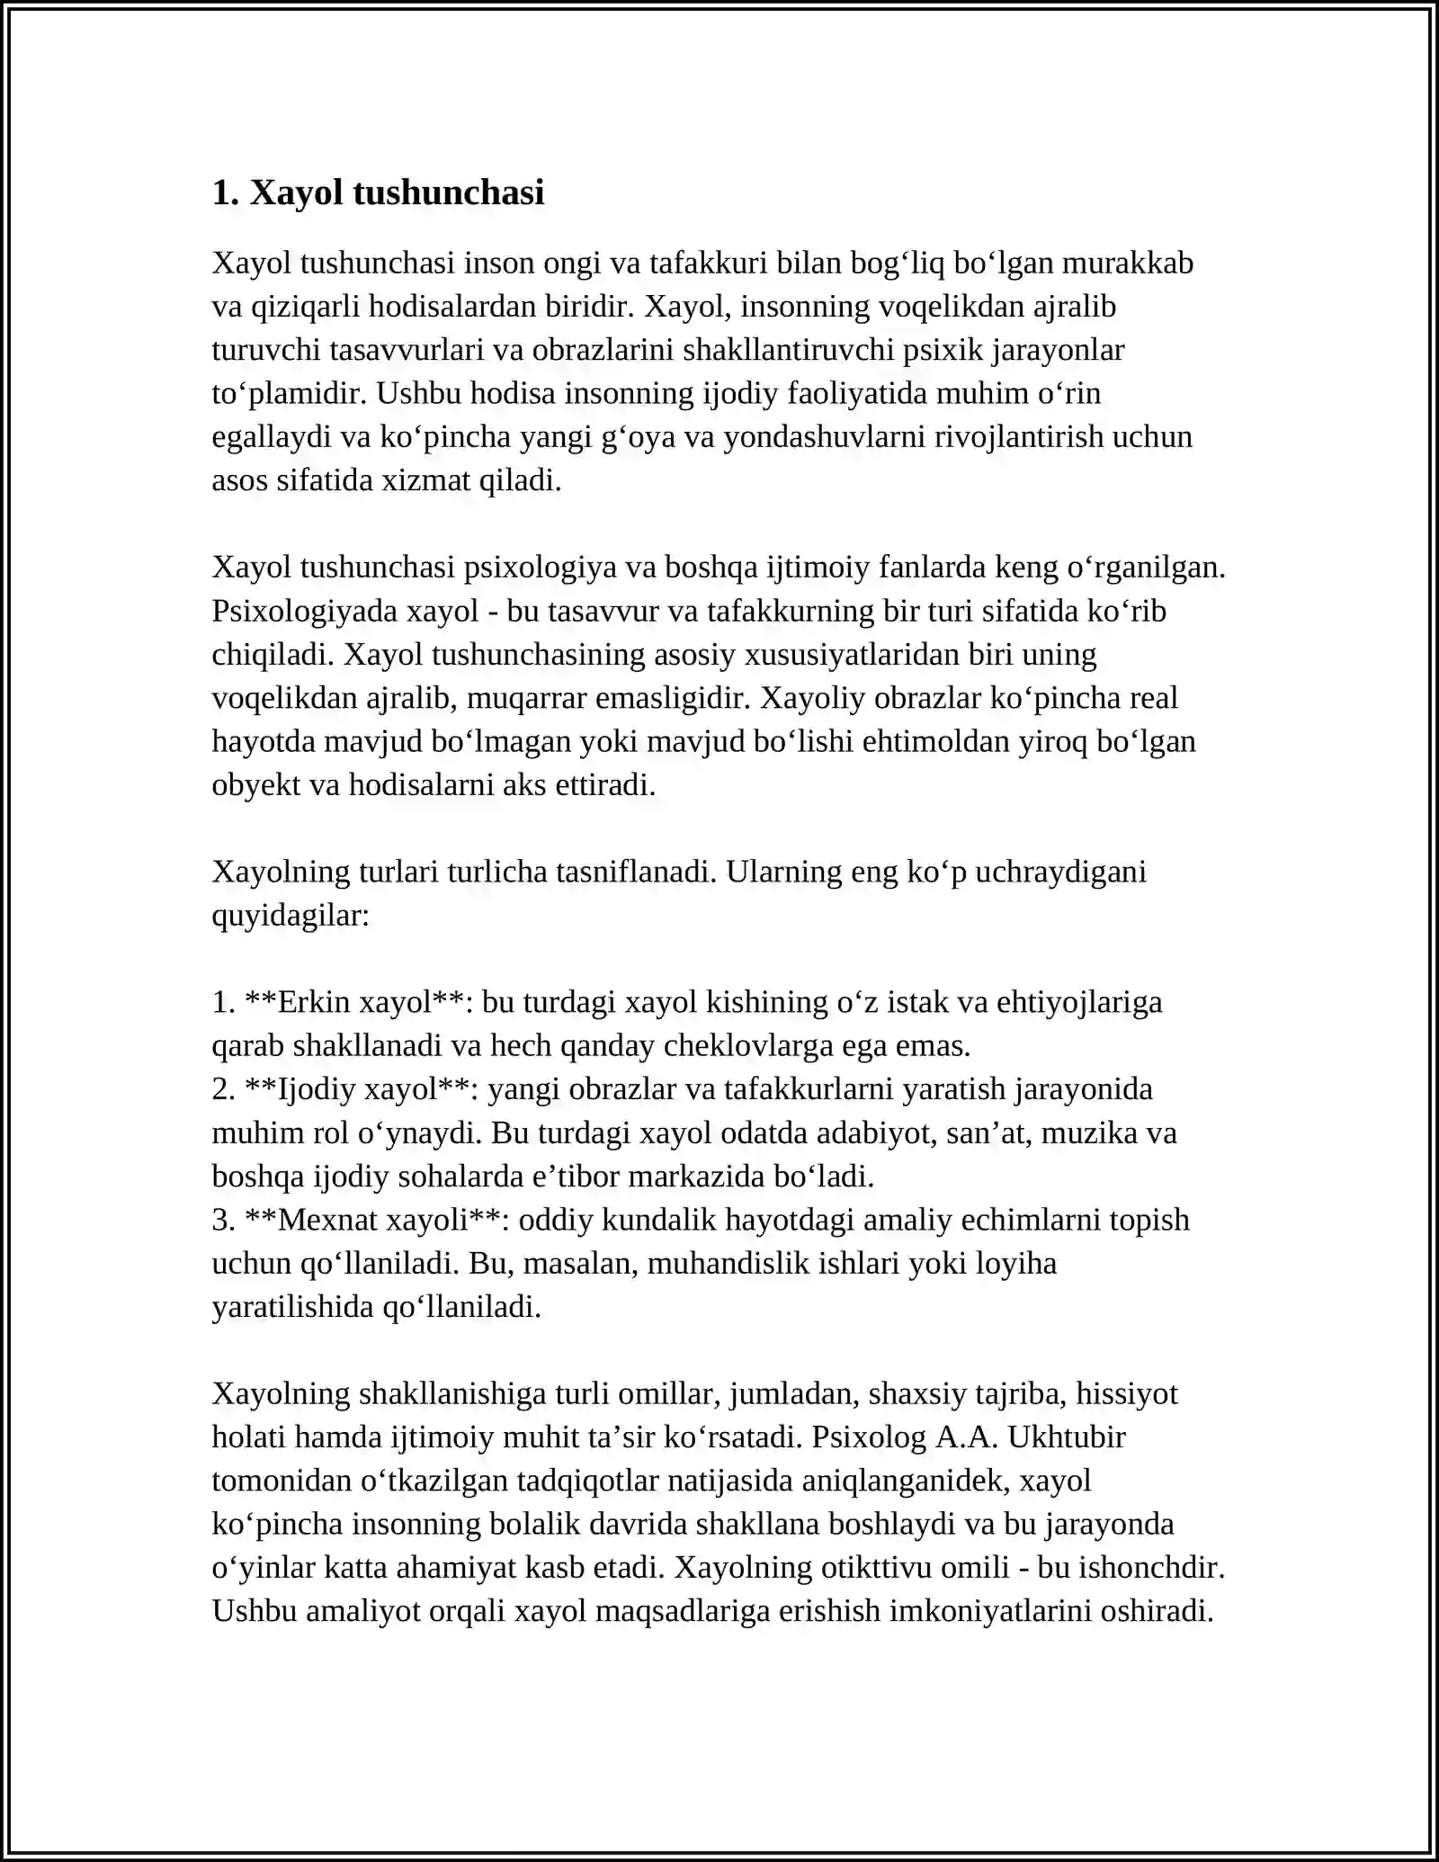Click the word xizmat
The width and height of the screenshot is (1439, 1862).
(x=426, y=480)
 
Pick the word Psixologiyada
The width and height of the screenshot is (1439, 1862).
(x=305, y=612)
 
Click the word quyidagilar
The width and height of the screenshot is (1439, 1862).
(x=290, y=916)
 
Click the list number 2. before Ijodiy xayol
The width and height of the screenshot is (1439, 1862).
(x=224, y=1089)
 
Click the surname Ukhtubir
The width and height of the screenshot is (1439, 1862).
(x=1066, y=1437)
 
